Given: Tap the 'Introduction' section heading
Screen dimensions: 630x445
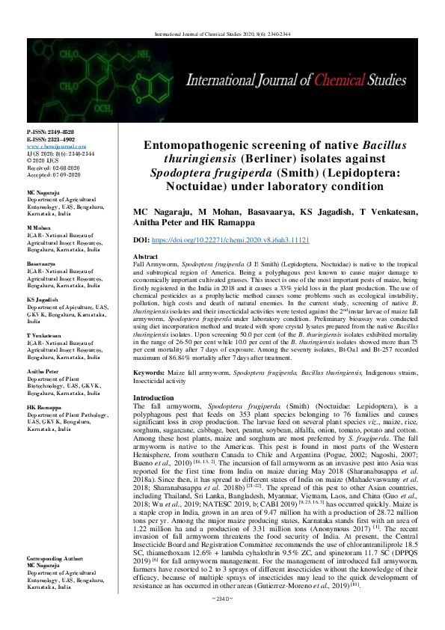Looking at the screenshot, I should pos(153,398).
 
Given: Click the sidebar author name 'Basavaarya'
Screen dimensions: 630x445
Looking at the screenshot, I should pos(42,265).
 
